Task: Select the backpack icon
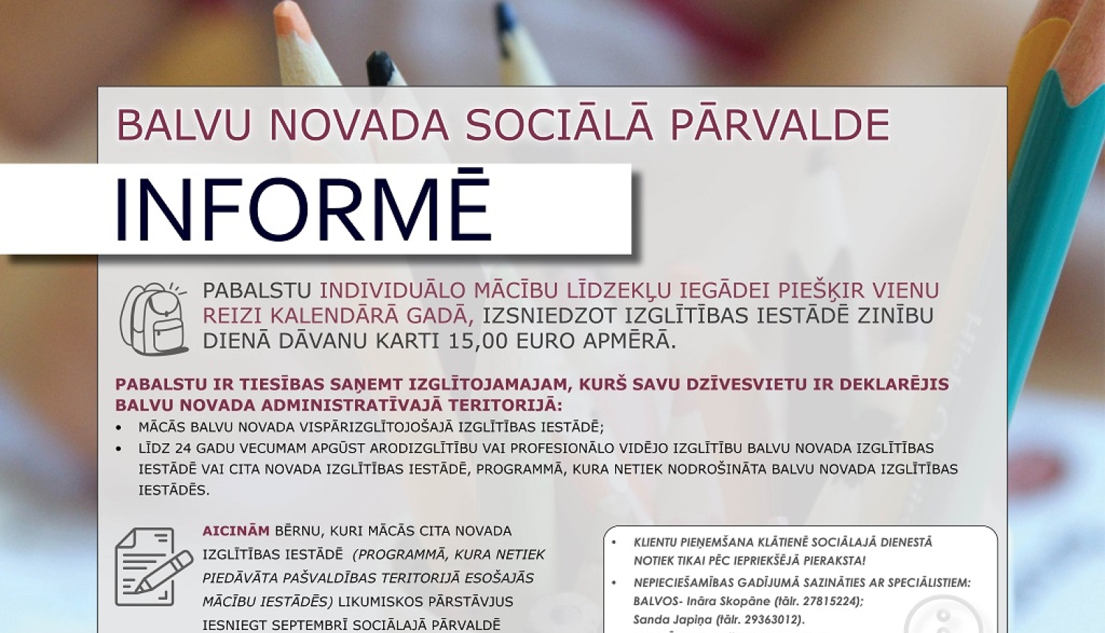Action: click(153, 319)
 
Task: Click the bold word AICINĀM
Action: click(236, 531)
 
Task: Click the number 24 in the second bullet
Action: click(182, 448)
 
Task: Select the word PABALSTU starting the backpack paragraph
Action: click(257, 291)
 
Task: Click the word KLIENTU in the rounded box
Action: click(655, 542)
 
